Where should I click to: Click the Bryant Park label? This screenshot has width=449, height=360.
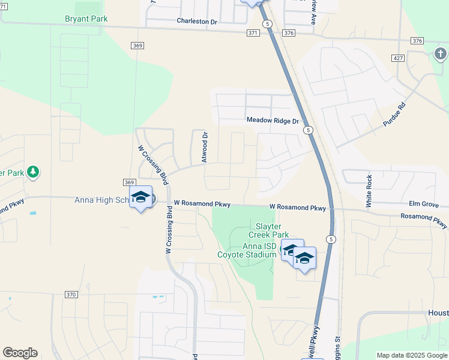pyautogui.click(x=86, y=19)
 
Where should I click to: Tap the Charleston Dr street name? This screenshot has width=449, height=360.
pyautogui.click(x=196, y=22)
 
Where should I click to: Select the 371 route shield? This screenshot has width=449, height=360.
pyautogui.click(x=253, y=33)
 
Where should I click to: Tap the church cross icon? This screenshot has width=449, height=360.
pyautogui.click(x=441, y=55)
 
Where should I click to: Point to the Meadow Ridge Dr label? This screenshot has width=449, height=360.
pyautogui.click(x=273, y=121)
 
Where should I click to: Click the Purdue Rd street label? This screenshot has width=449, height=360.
pyautogui.click(x=394, y=114)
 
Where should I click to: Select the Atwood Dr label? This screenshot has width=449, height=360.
pyautogui.click(x=205, y=148)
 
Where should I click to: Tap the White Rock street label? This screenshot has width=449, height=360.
pyautogui.click(x=369, y=191)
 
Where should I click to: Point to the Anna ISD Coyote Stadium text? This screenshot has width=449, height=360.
pyautogui.click(x=251, y=251)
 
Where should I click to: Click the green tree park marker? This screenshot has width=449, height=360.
pyautogui.click(x=33, y=173)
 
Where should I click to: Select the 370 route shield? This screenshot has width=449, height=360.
pyautogui.click(x=71, y=295)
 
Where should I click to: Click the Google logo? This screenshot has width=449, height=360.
pyautogui.click(x=20, y=353)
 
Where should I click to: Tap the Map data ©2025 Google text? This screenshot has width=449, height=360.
pyautogui.click(x=412, y=355)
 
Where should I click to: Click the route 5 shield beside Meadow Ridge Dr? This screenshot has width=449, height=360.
pyautogui.click(x=307, y=130)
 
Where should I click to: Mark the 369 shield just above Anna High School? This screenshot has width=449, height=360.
pyautogui.click(x=129, y=182)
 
